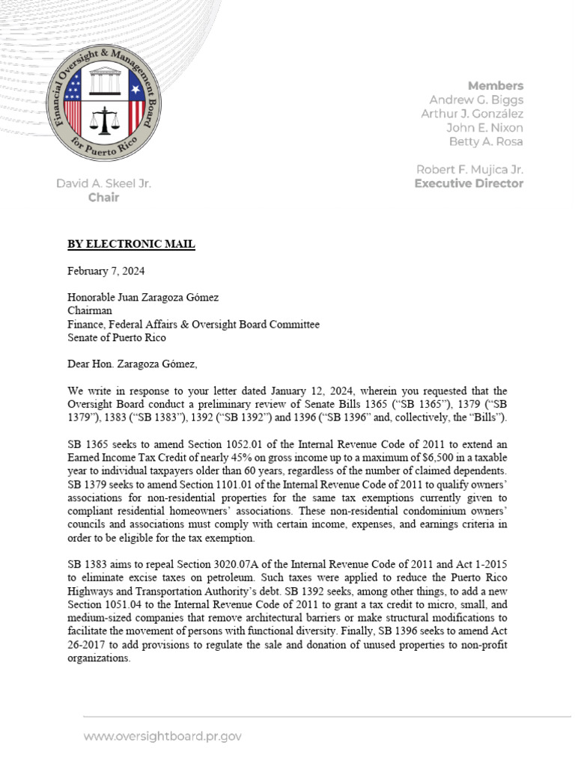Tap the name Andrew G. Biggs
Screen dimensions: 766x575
click(476, 99)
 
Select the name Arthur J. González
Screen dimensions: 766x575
click(476, 114)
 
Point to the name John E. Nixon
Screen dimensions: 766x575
click(484, 128)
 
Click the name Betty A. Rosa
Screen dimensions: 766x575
click(485, 141)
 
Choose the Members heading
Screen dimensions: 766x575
click(496, 85)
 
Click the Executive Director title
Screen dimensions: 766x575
click(469, 183)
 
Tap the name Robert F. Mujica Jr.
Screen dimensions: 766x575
click(469, 169)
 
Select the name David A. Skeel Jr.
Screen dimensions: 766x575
click(103, 183)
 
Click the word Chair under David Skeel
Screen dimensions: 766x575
click(103, 197)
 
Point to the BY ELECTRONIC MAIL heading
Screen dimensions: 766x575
click(131, 244)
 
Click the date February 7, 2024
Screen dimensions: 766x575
click(106, 271)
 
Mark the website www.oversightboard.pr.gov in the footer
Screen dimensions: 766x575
click(162, 736)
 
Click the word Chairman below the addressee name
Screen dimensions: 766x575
click(89, 310)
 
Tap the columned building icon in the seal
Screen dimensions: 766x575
click(104, 82)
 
